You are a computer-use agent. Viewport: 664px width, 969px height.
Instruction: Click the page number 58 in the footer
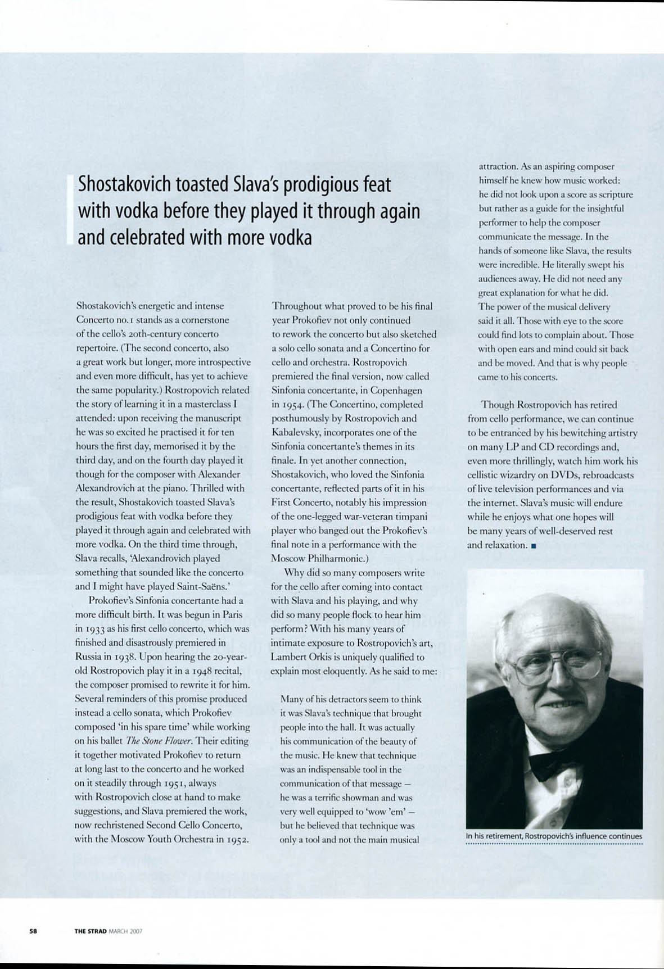33,931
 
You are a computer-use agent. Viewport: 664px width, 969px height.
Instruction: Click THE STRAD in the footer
90,931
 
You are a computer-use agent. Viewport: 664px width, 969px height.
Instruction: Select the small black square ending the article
532,545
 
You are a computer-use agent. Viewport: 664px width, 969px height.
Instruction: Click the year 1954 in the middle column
295,405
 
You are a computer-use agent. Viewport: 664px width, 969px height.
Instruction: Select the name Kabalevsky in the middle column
296,433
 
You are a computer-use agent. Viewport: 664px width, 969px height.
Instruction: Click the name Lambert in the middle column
288,657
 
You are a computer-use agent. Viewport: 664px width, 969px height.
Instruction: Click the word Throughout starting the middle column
296,306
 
